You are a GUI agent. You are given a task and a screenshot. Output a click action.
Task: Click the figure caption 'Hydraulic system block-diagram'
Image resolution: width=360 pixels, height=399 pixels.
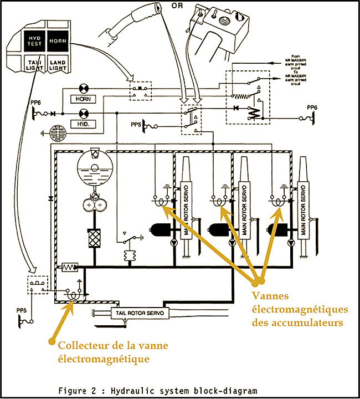[158, 390]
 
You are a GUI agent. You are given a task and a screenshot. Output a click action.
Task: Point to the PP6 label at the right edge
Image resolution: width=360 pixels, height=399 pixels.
[313, 107]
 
